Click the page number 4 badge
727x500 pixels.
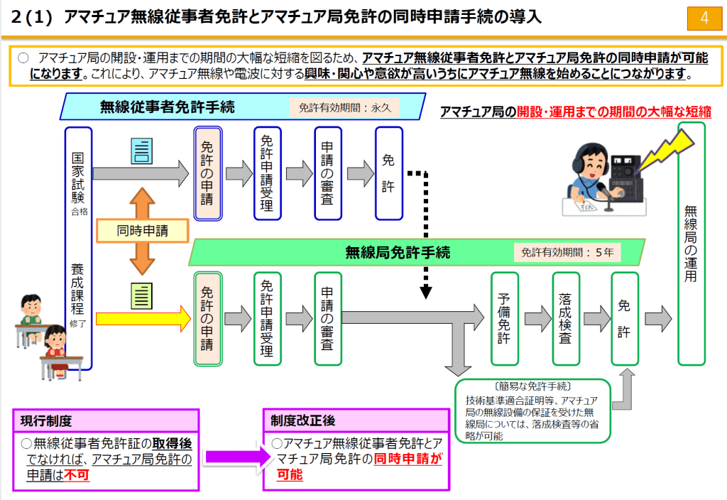point(704,18)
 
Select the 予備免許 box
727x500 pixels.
point(503,318)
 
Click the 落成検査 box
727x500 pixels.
point(564,318)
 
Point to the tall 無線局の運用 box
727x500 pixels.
point(691,244)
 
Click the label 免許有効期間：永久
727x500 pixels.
point(344,108)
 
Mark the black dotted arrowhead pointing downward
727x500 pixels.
point(427,291)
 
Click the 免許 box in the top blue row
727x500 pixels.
point(388,173)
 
